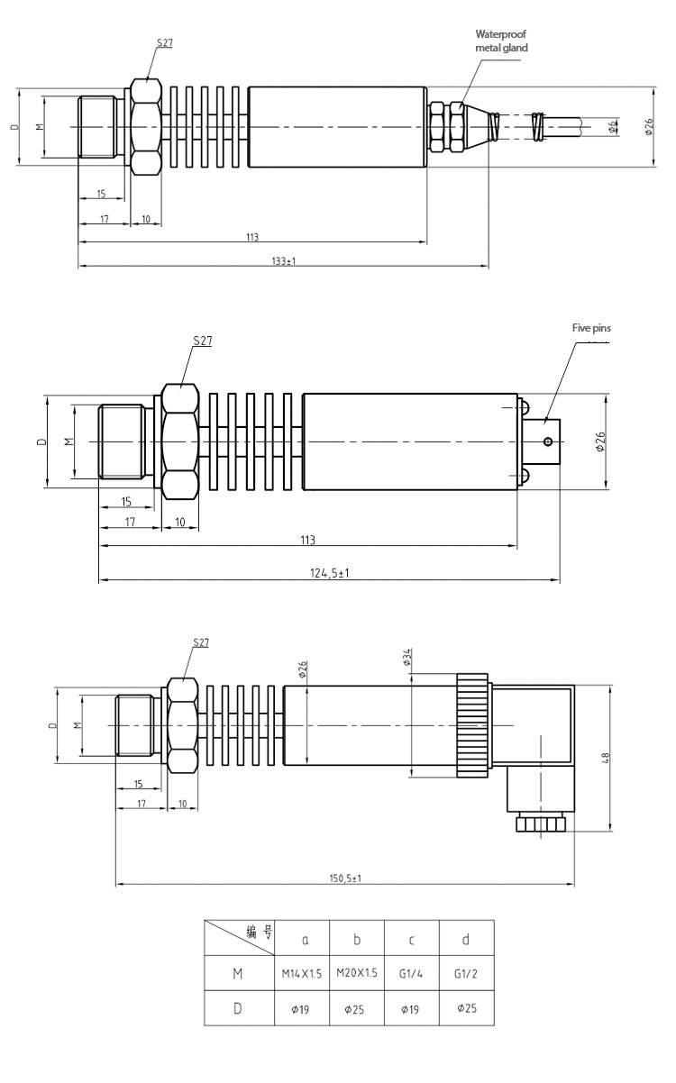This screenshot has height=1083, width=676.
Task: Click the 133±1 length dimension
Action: pos(284,261)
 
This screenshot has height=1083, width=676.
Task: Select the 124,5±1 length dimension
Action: pos(329,573)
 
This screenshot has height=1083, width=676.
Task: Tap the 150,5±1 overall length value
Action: pos(345,878)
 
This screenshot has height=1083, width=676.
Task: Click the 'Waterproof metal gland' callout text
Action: pos(501,41)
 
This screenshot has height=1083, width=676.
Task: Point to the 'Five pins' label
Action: pos(591,328)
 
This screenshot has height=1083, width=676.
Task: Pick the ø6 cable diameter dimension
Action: pos(613,127)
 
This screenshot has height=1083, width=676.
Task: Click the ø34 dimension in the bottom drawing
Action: pos(407,657)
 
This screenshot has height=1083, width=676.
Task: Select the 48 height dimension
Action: pos(606,758)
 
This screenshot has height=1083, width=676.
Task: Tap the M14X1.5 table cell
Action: pos(302,974)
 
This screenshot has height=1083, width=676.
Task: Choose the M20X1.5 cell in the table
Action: pos(357,973)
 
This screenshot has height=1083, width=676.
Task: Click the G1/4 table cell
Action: pos(411,974)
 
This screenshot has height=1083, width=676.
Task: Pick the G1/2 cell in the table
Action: pos(466,974)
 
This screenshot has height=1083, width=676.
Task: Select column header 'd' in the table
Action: pos(466,940)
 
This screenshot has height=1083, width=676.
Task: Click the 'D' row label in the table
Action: pos(237,1008)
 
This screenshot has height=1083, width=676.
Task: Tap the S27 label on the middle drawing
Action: pos(203,341)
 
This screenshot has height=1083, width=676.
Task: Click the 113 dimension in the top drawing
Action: pos(252,237)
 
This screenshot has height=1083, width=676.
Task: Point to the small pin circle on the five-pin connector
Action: pos(548,441)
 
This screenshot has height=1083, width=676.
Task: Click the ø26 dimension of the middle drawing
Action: pos(600,441)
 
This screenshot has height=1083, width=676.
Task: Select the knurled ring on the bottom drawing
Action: pos(472,725)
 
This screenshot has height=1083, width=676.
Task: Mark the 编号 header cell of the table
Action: pos(239,937)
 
